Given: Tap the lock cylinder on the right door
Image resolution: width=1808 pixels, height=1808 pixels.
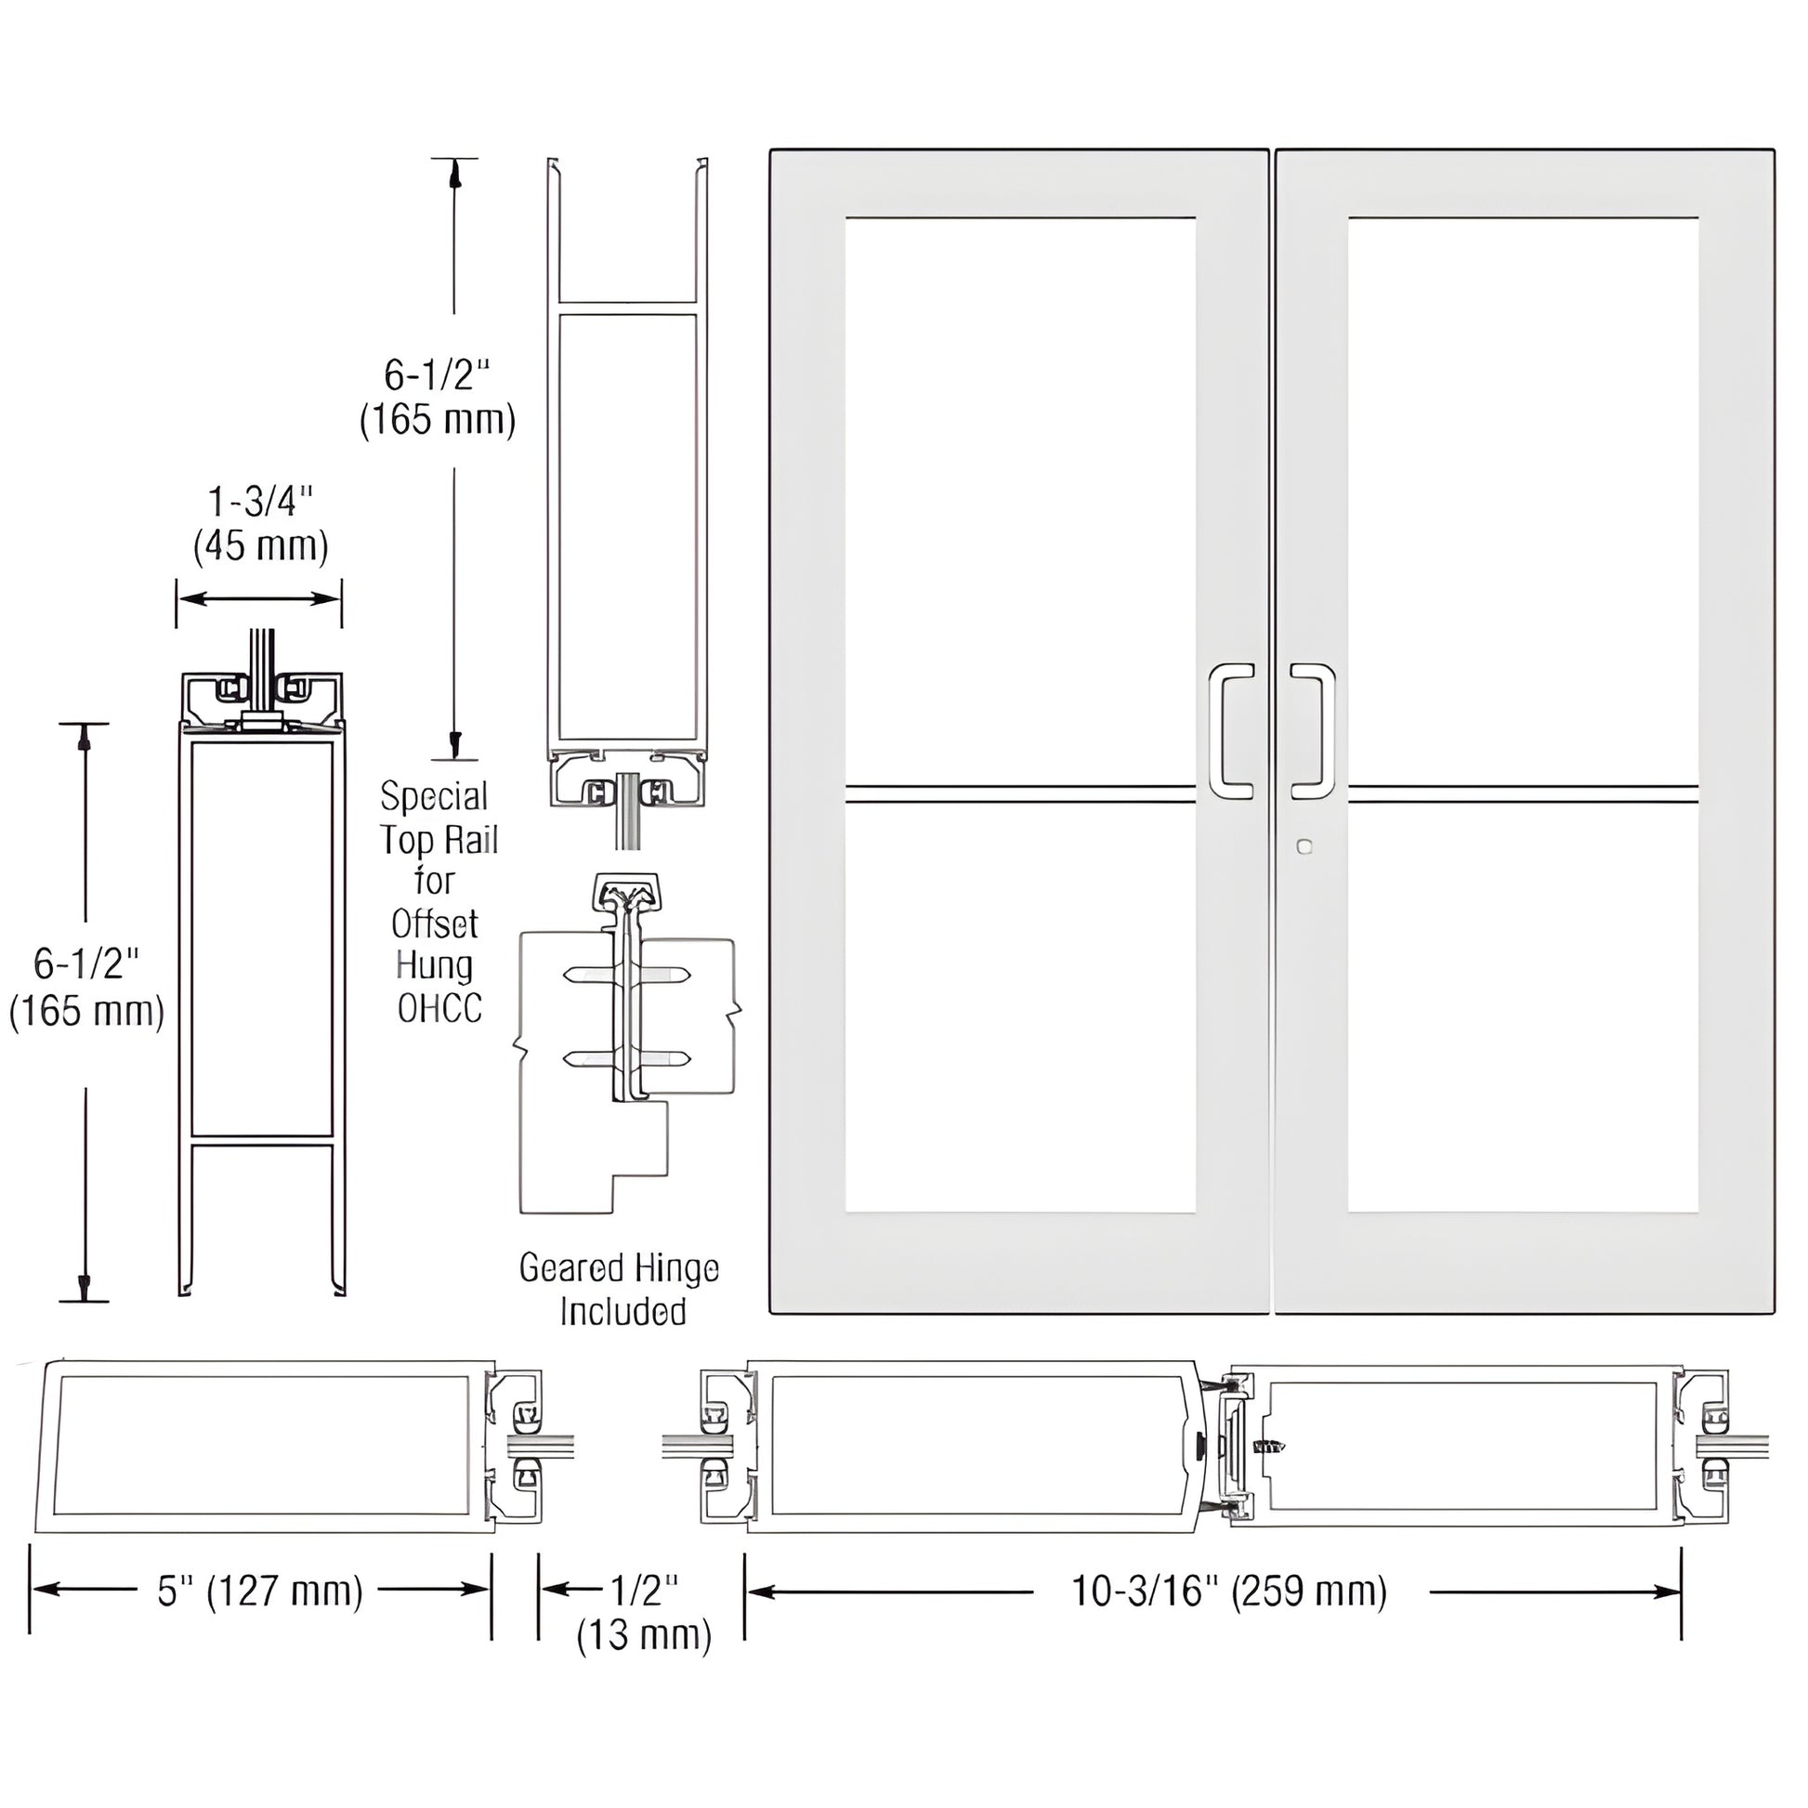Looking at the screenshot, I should [x=1305, y=847].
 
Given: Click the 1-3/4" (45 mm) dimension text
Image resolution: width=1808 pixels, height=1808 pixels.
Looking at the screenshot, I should [x=260, y=524].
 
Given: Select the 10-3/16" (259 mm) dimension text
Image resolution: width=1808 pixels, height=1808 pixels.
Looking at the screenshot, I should [x=1229, y=1591].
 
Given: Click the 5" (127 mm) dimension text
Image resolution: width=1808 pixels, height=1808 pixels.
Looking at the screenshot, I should [x=260, y=1591].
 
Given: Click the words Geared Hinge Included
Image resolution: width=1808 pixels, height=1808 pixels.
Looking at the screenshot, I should [x=621, y=1290].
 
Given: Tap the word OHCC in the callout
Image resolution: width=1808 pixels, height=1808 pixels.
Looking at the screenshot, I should [x=439, y=1008].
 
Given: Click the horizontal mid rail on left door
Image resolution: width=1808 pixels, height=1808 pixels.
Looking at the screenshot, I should [x=1020, y=794].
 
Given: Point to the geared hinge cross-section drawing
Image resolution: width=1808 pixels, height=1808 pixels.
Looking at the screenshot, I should [x=625, y=1029].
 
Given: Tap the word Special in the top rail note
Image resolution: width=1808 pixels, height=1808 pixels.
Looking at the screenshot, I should [x=434, y=796].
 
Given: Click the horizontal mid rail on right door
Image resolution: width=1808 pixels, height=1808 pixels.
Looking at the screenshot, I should [x=1523, y=794].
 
